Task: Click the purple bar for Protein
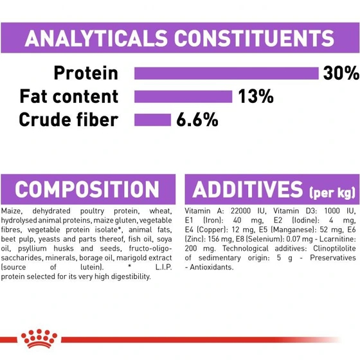pyautogui.click(x=226, y=73)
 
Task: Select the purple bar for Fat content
pyautogui.click(x=183, y=96)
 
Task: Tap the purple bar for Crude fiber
pyautogui.click(x=153, y=120)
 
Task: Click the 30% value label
pyautogui.click(x=341, y=73)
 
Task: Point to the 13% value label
pyautogui.click(x=256, y=96)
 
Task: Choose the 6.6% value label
pyautogui.click(x=197, y=120)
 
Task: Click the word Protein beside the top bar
pyautogui.click(x=86, y=73)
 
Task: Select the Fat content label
pyautogui.click(x=69, y=96)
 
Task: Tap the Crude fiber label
pyautogui.click(x=68, y=120)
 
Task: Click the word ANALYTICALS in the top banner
pyautogui.click(x=96, y=38)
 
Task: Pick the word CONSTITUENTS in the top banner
pyautogui.click(x=254, y=38)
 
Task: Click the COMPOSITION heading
pyautogui.click(x=87, y=189)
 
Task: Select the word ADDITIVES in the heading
pyautogui.click(x=248, y=189)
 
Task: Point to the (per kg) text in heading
pyautogui.click(x=332, y=193)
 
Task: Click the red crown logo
pyautogui.click(x=39, y=339)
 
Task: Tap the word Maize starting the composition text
pyautogui.click(x=12, y=212)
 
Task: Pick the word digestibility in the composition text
pyautogui.click(x=131, y=276)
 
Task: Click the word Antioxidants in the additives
pyautogui.click(x=212, y=267)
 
